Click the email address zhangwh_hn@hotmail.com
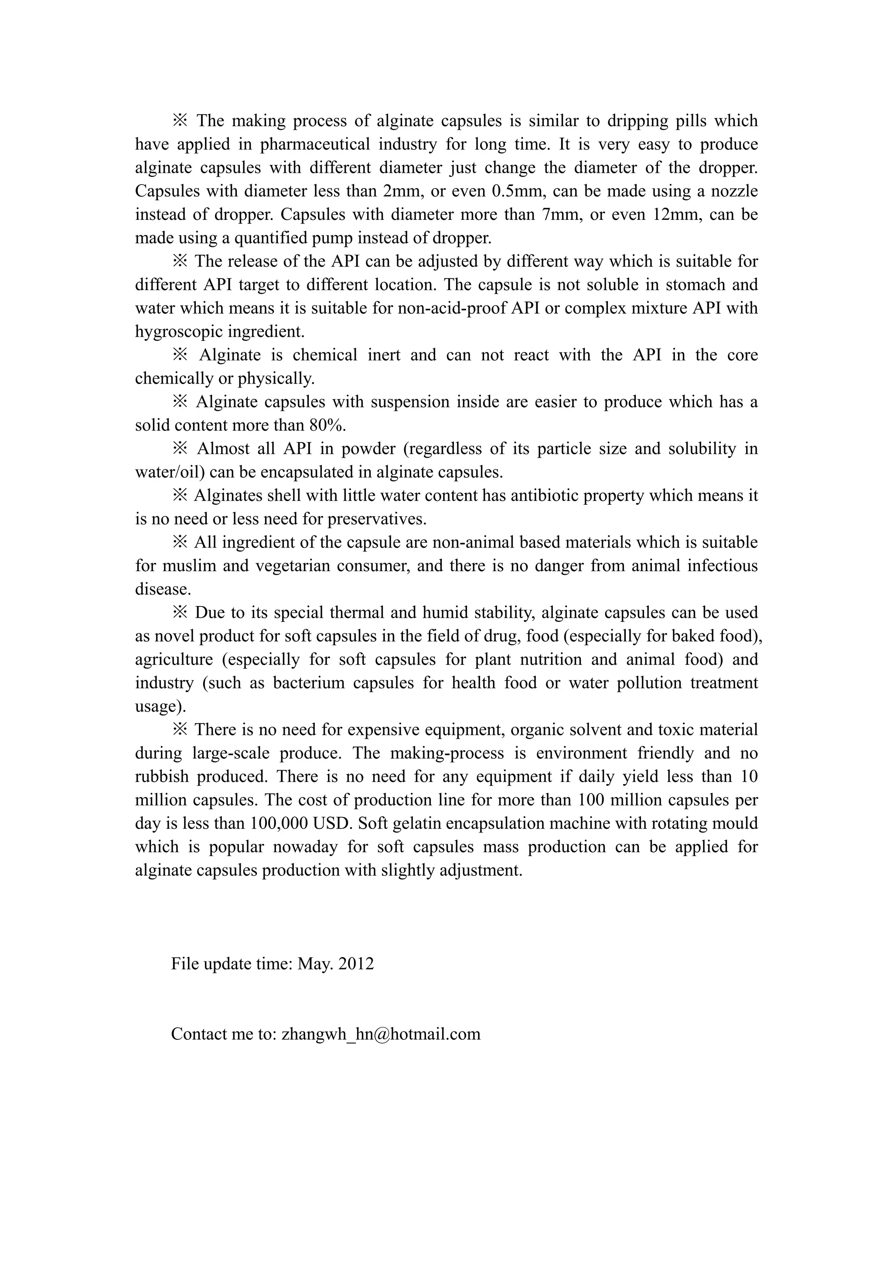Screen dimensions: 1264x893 tap(381, 1034)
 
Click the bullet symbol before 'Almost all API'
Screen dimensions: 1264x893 tap(180, 449)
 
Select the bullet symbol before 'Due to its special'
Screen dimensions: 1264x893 tap(180, 612)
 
